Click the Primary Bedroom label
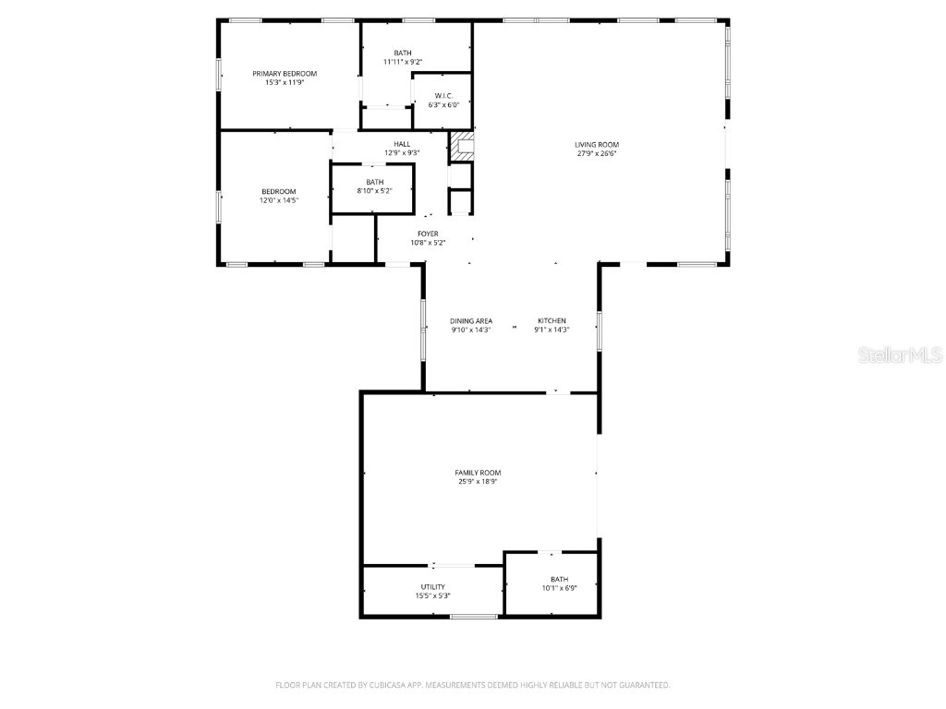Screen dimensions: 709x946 coord(285,74)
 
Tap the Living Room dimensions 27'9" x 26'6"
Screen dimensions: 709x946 coord(597,154)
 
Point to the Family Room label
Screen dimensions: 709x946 coord(478,473)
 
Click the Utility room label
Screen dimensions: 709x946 coord(432,587)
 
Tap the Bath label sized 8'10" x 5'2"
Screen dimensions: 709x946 coord(374,182)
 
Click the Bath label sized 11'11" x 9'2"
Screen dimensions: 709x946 coord(403,53)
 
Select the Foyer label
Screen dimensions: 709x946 coord(428,234)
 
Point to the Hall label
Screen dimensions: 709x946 coord(402,144)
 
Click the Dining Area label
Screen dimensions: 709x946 coord(471,320)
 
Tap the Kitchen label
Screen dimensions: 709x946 coord(552,320)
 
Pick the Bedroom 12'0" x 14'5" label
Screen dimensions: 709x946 coord(278,191)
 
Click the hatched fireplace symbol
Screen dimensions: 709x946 coord(461,142)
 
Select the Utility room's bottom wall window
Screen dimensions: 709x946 coord(474,616)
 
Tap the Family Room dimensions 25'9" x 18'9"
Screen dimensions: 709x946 coord(478,481)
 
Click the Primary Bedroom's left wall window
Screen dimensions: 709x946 coord(220,75)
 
